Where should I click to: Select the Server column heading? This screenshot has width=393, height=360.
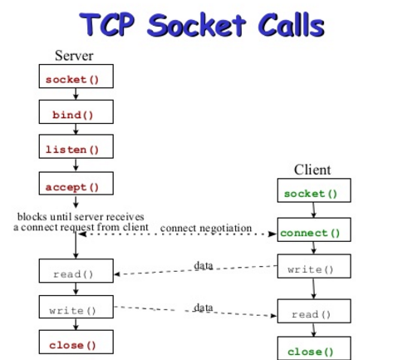click(75, 57)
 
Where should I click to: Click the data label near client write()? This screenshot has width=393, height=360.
click(204, 264)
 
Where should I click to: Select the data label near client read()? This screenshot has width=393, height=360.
click(204, 307)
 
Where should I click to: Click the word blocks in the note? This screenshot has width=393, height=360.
click(34, 217)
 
